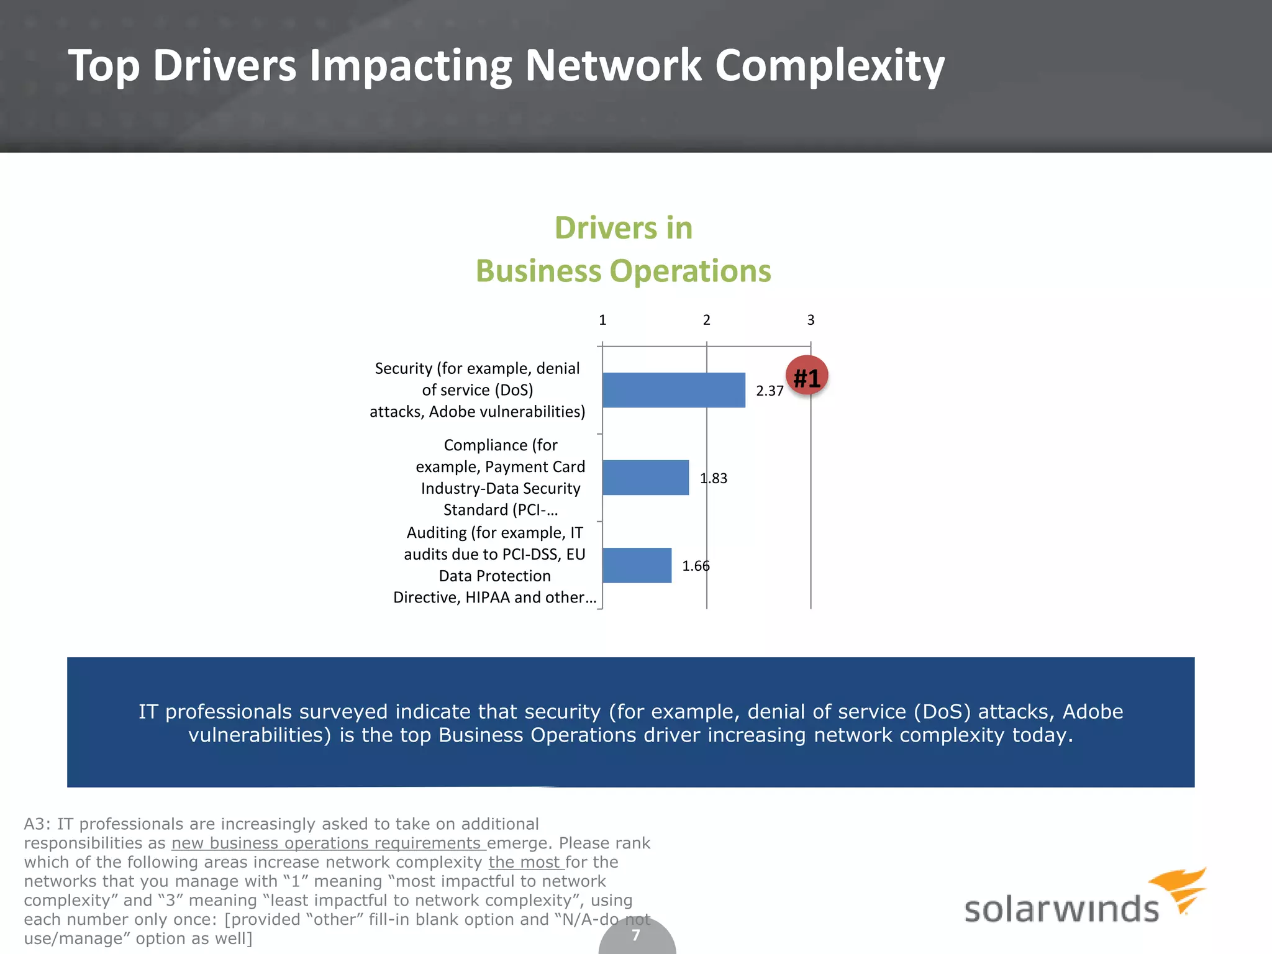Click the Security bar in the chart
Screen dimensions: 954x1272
tap(673, 390)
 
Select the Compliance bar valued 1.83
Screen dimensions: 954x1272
tap(645, 478)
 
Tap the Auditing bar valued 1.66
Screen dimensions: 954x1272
tap(637, 565)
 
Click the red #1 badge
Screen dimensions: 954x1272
tap(807, 376)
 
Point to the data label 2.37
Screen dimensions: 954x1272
tap(770, 391)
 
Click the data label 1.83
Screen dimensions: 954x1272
tap(714, 478)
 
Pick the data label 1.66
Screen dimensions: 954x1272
tap(696, 566)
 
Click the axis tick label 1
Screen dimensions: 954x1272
tap(602, 320)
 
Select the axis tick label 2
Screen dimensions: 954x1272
tap(706, 320)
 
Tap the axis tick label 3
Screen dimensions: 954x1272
tap(811, 320)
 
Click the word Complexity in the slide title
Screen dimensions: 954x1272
tap(830, 66)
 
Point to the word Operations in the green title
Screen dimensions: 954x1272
tap(690, 271)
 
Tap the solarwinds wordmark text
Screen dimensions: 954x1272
tap(1061, 909)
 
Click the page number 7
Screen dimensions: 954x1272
tap(636, 935)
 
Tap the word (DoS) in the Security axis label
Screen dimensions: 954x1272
tap(514, 390)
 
